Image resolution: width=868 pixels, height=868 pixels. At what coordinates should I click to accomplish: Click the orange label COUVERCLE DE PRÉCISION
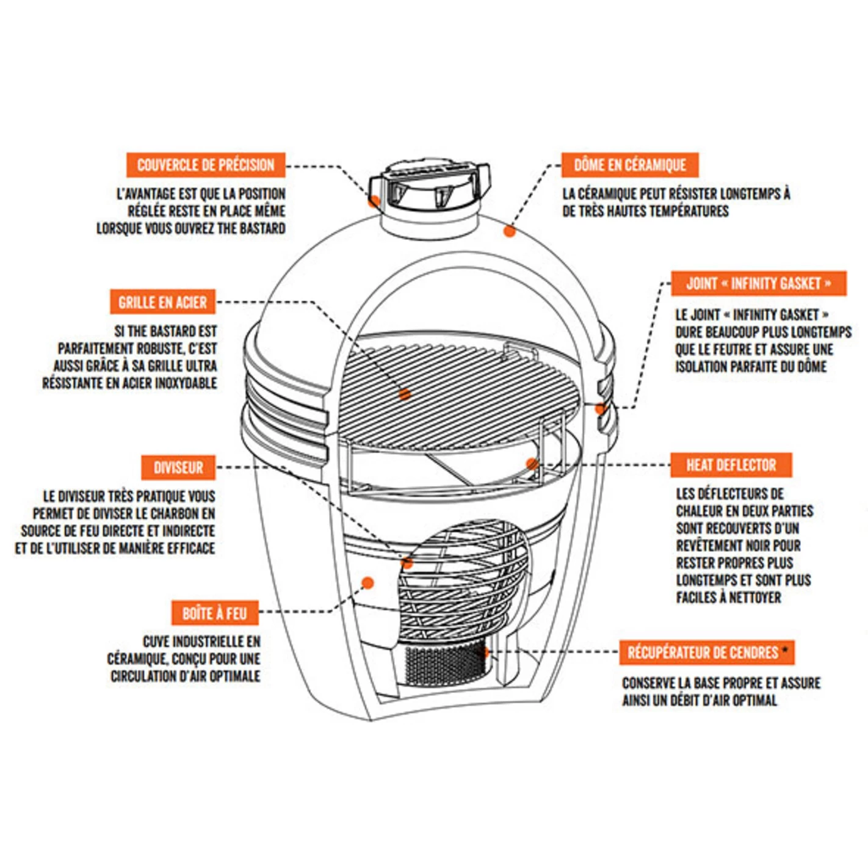[206, 165]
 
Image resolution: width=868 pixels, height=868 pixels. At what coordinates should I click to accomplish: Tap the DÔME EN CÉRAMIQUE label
[629, 165]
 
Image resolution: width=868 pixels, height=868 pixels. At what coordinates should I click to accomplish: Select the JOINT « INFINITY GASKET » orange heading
[758, 283]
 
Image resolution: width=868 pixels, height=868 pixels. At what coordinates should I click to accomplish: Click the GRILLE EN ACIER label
[162, 302]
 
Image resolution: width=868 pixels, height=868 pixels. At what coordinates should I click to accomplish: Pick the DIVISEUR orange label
[178, 468]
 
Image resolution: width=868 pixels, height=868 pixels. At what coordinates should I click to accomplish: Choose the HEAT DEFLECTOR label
[731, 465]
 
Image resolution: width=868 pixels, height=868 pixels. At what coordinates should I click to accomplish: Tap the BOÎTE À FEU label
[214, 613]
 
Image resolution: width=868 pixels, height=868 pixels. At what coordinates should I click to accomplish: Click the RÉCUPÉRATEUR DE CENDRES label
[703, 653]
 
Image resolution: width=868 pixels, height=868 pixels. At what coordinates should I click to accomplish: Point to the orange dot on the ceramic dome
[510, 231]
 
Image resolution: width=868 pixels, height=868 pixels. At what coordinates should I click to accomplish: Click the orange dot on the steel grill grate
[404, 394]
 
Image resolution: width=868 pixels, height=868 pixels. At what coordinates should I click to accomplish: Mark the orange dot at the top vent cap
[374, 201]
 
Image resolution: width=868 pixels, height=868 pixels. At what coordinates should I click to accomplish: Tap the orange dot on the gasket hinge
[601, 408]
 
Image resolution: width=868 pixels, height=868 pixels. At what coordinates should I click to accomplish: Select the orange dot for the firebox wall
[367, 583]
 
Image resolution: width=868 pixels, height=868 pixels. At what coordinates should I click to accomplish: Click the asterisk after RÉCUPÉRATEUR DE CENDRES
[785, 649]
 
